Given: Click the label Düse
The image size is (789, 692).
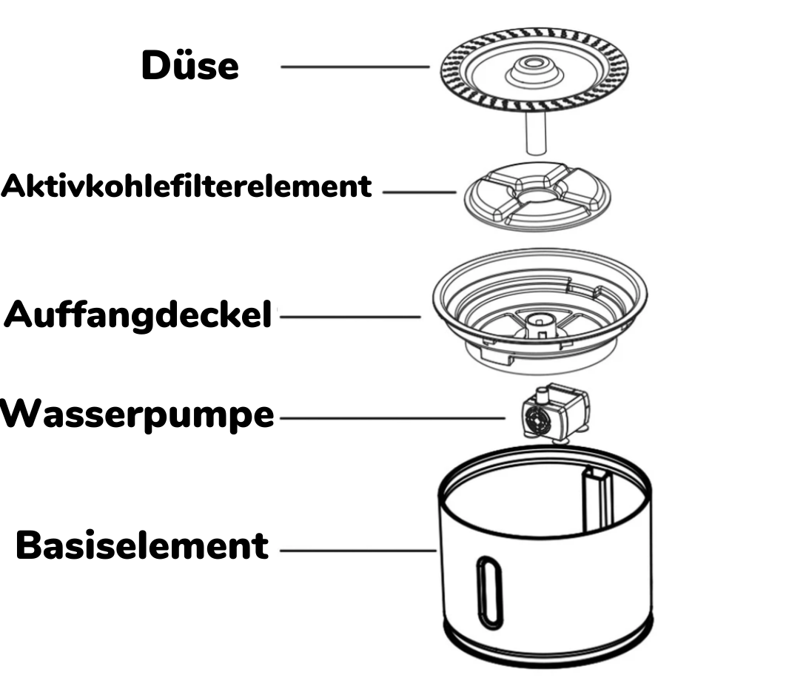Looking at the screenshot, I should coord(189,67).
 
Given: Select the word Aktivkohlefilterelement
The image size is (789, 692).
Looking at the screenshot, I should coord(187,187).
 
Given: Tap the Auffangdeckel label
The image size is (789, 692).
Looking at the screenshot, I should coord(138,317).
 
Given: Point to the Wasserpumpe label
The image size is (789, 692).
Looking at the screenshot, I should coord(137,416).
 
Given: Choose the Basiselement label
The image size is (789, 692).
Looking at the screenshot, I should coord(142,546).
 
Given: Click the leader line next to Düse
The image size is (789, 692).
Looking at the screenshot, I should coord(355,67).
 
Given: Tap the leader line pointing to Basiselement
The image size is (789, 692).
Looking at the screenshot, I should coord(358,551).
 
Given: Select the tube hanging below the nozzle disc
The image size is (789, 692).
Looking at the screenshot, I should coord(534,131).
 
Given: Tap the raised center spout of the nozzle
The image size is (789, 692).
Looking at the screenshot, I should coord(533,70).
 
